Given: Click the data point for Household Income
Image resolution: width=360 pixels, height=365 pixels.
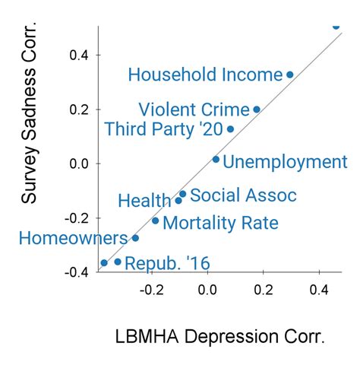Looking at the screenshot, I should point(289,75).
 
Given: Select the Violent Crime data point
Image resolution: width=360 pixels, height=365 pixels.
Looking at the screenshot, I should point(257,109).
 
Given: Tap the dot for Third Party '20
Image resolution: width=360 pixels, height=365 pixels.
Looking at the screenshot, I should point(230,129).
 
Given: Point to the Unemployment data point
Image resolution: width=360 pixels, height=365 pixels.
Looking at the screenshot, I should point(216,160).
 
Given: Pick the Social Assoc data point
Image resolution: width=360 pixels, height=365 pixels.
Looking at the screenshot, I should point(182,195).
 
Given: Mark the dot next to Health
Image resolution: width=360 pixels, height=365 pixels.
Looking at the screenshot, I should point(178,201).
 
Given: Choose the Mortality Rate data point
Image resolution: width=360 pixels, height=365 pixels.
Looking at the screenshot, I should point(156,221).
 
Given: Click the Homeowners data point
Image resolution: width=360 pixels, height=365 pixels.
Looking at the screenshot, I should point(135,238).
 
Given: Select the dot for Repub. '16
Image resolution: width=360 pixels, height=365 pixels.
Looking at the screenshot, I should point(117,262).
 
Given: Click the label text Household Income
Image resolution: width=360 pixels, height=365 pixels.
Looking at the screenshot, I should point(205,75).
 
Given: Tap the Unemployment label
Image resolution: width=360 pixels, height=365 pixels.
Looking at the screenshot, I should point(286,162).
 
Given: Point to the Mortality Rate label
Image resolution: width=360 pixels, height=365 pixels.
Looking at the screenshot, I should point(220,224).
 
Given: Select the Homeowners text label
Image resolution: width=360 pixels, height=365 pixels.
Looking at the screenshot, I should point(73,238).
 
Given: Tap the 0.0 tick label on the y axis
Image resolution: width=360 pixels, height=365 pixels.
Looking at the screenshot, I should point(79,163).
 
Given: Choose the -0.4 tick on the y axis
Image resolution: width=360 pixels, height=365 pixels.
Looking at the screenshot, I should point(77,272).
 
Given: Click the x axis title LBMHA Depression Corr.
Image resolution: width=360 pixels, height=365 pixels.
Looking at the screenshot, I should point(220,336).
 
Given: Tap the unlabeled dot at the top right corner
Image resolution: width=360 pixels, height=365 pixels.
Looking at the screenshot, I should point(336,26).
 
